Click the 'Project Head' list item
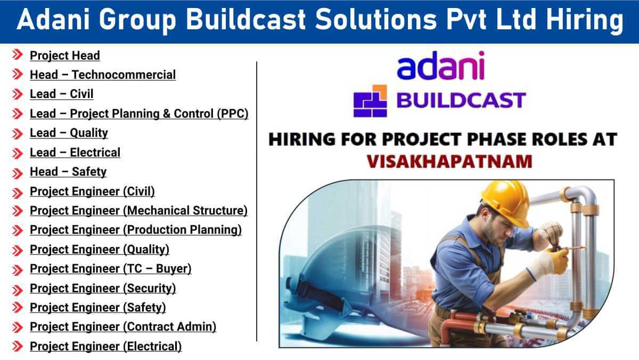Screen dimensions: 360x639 64,55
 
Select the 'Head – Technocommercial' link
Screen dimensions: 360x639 102,75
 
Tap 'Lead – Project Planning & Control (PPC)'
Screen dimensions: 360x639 138,113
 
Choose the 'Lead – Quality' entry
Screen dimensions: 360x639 69,133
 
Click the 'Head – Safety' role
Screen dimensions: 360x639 68,172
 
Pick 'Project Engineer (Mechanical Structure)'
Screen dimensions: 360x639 138,211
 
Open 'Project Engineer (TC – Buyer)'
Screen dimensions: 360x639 110,269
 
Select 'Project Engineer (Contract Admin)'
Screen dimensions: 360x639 122,327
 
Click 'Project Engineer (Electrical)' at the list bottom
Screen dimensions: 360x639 105,347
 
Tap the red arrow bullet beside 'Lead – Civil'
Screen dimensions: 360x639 18,94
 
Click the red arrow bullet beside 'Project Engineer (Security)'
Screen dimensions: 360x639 18,289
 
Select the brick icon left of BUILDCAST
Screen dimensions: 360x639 371,101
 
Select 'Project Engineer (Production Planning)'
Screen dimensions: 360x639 135,230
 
